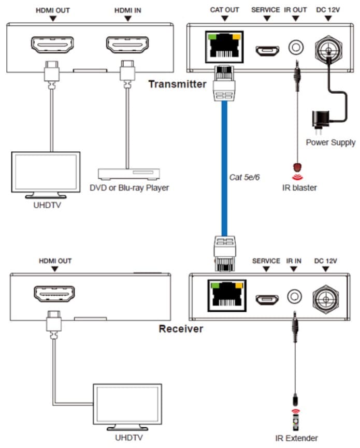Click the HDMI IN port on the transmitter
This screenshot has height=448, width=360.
127,46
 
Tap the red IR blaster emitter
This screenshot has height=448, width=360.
297,168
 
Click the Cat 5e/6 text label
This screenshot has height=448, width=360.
244,177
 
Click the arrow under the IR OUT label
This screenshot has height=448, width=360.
295,19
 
